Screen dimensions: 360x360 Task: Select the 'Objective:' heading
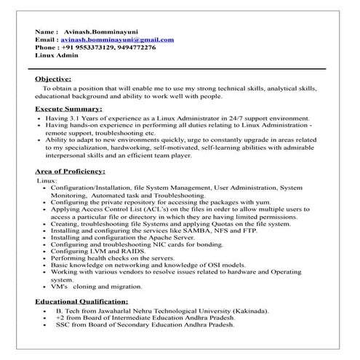tap(53, 78)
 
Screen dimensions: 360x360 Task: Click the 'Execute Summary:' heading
tap(68, 108)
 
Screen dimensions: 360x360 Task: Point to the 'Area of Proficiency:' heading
tap(71, 171)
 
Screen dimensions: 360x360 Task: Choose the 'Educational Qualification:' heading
tap(81, 300)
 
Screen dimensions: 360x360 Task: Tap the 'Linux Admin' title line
tap(55, 55)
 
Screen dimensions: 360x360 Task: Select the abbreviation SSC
tap(63, 325)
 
